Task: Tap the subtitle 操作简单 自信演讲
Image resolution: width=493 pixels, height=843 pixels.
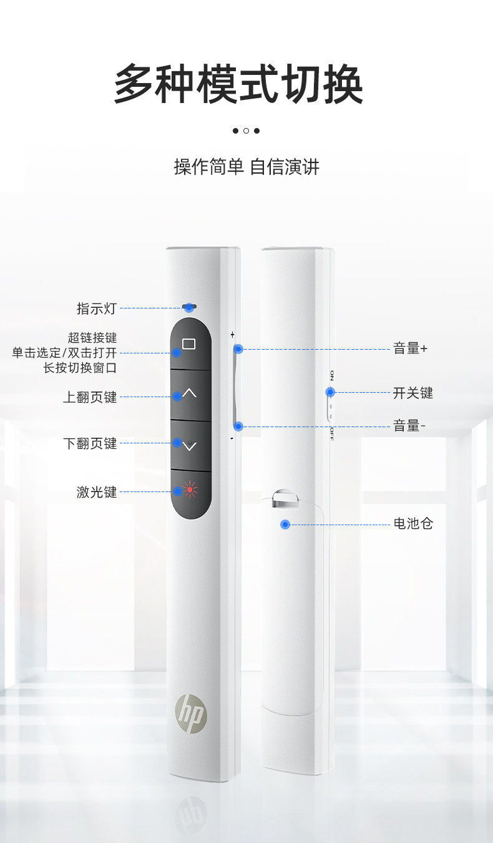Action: [246, 167]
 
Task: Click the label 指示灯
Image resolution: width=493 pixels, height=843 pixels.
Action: [96, 308]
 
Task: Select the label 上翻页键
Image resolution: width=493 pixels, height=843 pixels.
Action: [90, 397]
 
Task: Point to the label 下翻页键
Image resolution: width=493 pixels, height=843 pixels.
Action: [90, 444]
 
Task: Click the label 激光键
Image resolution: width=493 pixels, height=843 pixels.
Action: [97, 493]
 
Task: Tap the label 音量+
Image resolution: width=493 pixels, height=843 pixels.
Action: [410, 349]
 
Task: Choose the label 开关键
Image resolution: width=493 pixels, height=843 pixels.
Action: [412, 393]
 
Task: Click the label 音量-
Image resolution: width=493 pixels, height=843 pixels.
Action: [409, 426]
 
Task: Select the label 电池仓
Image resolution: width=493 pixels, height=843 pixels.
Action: [412, 524]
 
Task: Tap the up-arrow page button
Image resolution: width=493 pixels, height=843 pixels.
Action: [190, 394]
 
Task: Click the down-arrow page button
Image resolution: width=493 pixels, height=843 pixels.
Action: [190, 446]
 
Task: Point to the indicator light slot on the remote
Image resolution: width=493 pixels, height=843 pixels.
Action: [190, 307]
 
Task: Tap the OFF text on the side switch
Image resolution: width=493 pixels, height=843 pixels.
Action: [332, 433]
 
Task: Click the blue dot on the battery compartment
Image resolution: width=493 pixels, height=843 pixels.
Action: [285, 525]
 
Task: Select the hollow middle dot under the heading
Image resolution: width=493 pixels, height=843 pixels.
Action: [246, 131]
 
